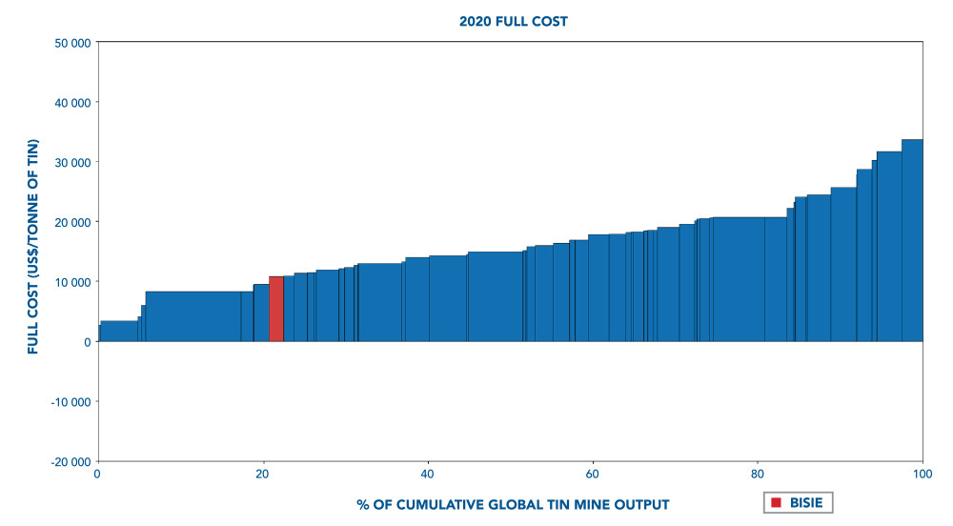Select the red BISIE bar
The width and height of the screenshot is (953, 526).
coord(276,309)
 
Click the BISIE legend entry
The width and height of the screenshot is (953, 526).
coord(798,502)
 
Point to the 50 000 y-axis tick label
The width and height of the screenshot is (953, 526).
coord(71,43)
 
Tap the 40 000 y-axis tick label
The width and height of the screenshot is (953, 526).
coord(71,103)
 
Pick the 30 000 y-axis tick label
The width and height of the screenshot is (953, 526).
coord(71,163)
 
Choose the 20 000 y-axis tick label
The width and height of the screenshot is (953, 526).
coord(71,222)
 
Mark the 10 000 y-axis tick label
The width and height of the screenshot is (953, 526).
coord(71,282)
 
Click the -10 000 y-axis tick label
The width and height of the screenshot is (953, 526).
coord(70,401)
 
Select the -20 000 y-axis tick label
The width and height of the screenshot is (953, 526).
coord(70,461)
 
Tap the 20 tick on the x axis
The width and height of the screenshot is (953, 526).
coord(263,473)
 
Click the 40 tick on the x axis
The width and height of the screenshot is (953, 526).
coord(428,473)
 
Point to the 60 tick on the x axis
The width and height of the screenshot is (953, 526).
coord(593,473)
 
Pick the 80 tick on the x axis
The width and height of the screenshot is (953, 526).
coord(758,473)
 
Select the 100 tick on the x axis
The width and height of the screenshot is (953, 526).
coord(922,473)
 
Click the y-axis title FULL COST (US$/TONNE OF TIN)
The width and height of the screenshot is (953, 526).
coord(33,247)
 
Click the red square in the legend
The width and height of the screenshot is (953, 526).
coord(777,502)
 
